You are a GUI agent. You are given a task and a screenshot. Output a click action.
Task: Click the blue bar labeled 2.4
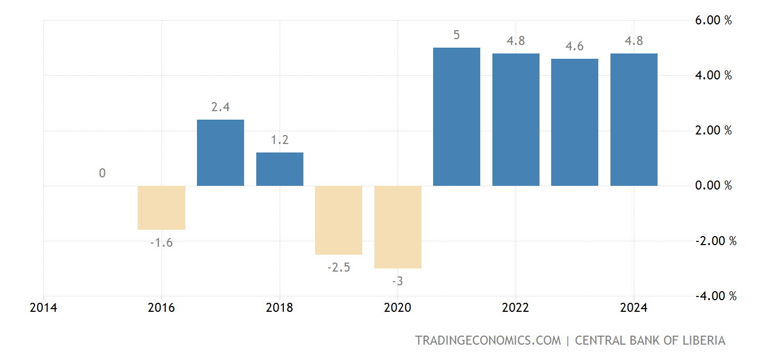coord(220,153)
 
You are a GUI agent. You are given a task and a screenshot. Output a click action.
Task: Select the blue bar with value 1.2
coord(280,169)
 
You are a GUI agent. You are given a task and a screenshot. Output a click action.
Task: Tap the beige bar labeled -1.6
coord(161,208)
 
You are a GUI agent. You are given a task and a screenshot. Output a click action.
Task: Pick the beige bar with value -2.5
coord(338,220)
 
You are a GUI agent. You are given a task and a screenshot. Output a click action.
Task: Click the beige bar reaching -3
coord(398,227)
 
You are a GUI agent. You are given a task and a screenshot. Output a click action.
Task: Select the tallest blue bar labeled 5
coord(456,117)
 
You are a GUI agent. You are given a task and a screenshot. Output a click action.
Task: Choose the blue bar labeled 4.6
coord(574,122)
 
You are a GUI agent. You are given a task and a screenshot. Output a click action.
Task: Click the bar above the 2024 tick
coord(634,120)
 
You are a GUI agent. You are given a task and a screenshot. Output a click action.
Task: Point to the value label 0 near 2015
coord(102,173)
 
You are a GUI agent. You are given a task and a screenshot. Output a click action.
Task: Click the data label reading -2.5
coord(338,268)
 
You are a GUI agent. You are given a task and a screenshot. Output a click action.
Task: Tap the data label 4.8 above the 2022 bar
coord(516,41)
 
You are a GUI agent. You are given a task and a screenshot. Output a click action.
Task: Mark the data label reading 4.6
coord(574,47)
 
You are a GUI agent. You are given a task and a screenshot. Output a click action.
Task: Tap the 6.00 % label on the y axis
coord(713,21)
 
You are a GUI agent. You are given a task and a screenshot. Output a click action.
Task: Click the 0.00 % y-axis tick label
coord(713,186)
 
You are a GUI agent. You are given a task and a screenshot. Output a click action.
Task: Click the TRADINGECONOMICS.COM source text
coord(488,340)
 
